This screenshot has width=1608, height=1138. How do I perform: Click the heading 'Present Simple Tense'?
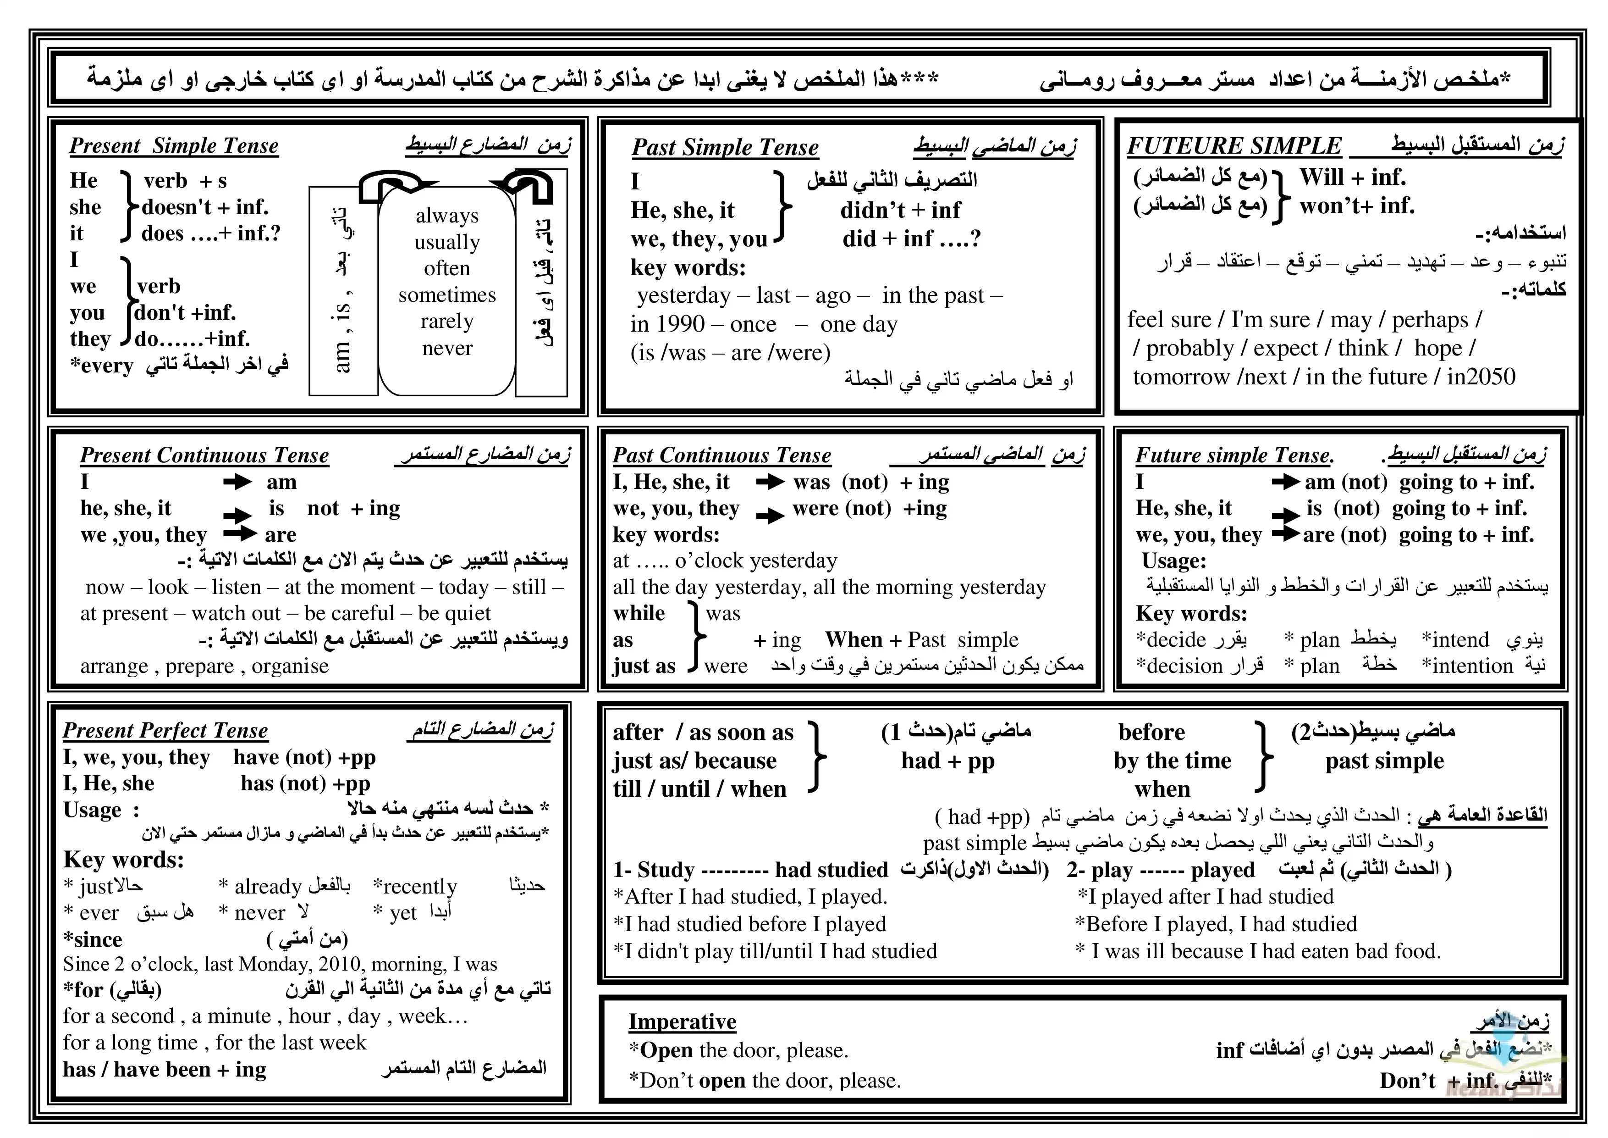pyautogui.click(x=174, y=146)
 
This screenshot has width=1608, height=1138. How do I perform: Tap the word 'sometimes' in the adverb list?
pyautogui.click(x=447, y=295)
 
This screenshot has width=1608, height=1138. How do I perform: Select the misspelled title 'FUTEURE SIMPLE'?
pyautogui.click(x=1234, y=146)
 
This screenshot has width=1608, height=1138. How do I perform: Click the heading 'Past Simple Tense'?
pyautogui.click(x=725, y=147)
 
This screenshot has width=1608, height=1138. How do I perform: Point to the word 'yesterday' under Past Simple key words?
pyautogui.click(x=683, y=296)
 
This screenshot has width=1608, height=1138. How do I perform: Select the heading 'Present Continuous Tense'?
pyautogui.click(x=204, y=455)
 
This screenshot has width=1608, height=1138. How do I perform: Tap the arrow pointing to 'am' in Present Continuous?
pyautogui.click(x=237, y=482)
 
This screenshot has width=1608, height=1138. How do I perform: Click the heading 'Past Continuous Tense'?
pyautogui.click(x=721, y=455)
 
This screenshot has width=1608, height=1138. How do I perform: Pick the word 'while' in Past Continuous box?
pyautogui.click(x=639, y=613)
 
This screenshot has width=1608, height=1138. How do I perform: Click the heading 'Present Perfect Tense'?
pyautogui.click(x=165, y=731)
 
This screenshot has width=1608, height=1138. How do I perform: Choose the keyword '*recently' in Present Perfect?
pyautogui.click(x=415, y=887)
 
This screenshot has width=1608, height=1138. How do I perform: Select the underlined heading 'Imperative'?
pyautogui.click(x=682, y=1021)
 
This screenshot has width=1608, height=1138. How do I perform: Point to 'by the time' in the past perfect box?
pyautogui.click(x=1173, y=761)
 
